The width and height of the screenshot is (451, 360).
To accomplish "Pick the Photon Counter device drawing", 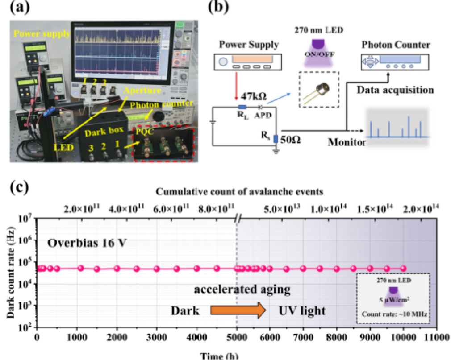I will pos(394,63).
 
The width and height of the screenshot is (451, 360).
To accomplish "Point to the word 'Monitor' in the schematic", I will pos(347,143).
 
